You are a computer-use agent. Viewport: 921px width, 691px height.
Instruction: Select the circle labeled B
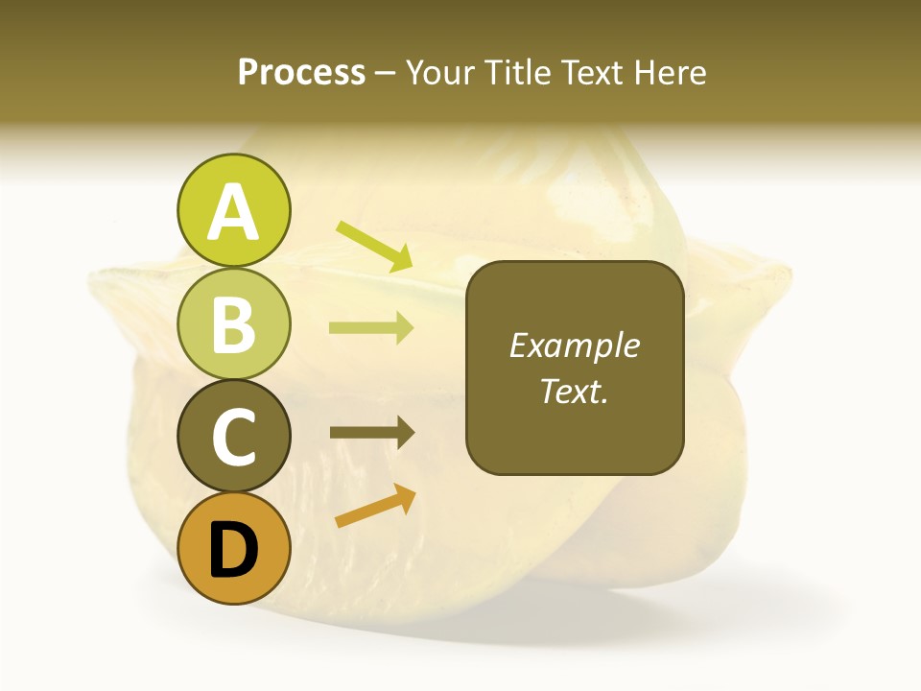pos(233,323)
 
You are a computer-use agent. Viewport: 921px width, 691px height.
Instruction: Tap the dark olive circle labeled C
pos(233,437)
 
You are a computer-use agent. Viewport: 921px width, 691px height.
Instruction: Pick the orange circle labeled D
pos(233,549)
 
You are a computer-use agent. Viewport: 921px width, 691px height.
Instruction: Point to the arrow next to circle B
pos(371,328)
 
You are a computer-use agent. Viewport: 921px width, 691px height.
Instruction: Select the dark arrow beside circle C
pos(372,433)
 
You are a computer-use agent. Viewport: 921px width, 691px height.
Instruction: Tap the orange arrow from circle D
pos(375,507)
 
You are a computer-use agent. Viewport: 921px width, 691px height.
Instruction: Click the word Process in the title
pos(301,72)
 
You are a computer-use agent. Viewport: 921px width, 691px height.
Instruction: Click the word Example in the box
pos(574,345)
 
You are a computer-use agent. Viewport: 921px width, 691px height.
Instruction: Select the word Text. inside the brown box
pos(574,392)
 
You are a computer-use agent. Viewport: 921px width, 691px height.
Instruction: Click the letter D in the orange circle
pos(233,551)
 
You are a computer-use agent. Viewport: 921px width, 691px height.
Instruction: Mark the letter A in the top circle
pos(233,213)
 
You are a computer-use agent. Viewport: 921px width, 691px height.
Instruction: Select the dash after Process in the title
pos(385,74)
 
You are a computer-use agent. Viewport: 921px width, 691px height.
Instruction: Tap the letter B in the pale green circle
pos(233,325)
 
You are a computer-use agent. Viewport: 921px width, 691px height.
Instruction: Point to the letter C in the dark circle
pos(233,438)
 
